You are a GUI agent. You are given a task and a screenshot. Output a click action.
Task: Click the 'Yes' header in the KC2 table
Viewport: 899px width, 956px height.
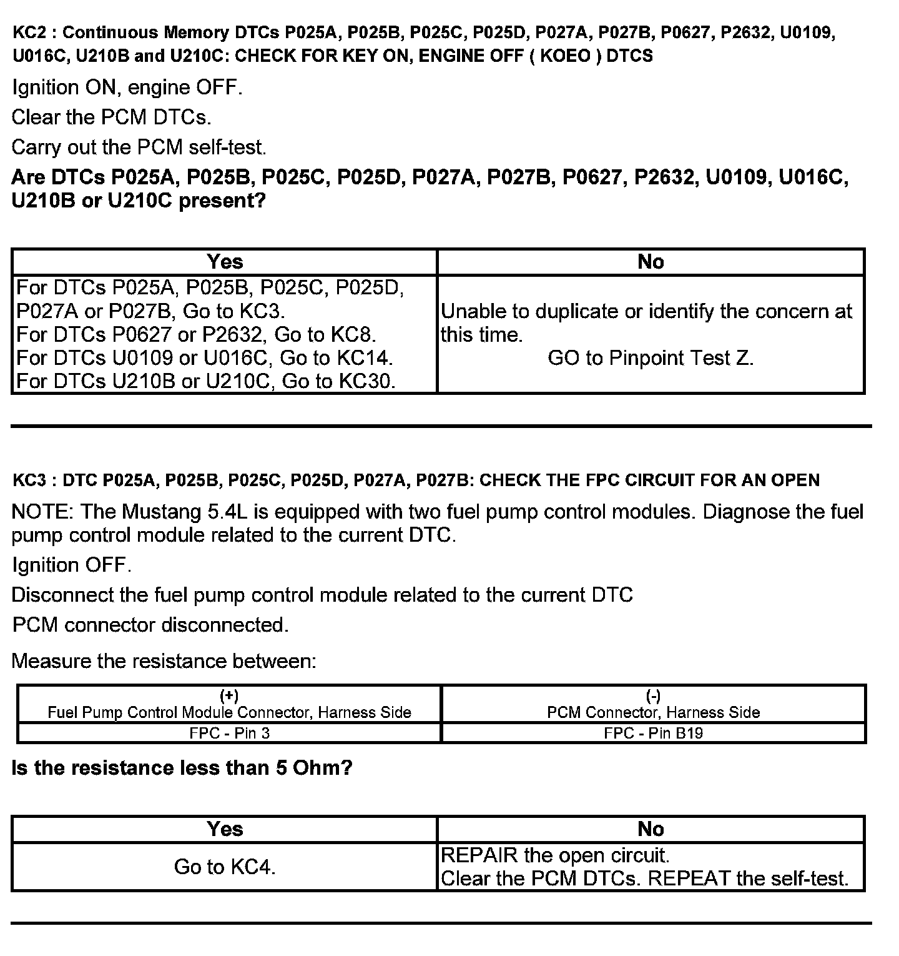225,262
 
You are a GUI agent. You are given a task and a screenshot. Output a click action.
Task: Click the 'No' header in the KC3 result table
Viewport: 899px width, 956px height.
651,829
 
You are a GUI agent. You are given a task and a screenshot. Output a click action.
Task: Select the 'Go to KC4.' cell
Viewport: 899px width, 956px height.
225,867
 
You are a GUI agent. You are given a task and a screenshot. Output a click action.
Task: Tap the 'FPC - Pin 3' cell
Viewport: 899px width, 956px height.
229,733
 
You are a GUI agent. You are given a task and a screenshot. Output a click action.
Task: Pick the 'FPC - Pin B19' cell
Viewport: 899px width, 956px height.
653,733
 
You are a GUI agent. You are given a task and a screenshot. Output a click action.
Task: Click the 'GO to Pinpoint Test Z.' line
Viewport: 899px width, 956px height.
651,358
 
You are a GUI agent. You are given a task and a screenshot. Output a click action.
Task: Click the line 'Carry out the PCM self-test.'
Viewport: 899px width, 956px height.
139,147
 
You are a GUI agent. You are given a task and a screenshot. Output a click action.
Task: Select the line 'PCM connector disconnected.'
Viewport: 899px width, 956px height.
150,625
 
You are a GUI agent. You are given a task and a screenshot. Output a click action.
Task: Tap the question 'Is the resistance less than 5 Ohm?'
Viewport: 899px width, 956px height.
182,768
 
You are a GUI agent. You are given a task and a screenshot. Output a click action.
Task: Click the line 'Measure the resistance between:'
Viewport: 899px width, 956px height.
164,661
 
